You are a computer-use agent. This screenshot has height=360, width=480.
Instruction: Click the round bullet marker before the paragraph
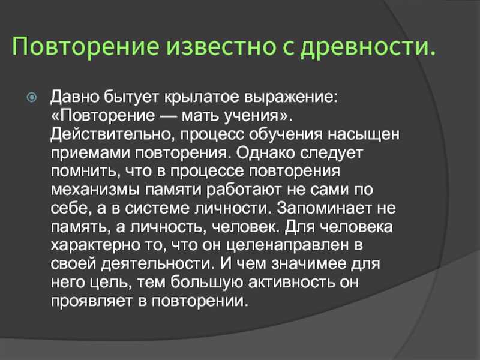[x=32, y=98]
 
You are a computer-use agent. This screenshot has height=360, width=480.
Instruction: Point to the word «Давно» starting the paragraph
[x=75, y=98]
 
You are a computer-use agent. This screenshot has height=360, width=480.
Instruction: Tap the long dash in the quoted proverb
[x=169, y=116]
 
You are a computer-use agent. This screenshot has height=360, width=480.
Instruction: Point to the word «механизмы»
[x=95, y=190]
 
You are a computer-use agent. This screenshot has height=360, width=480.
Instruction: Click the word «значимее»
[x=309, y=263]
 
